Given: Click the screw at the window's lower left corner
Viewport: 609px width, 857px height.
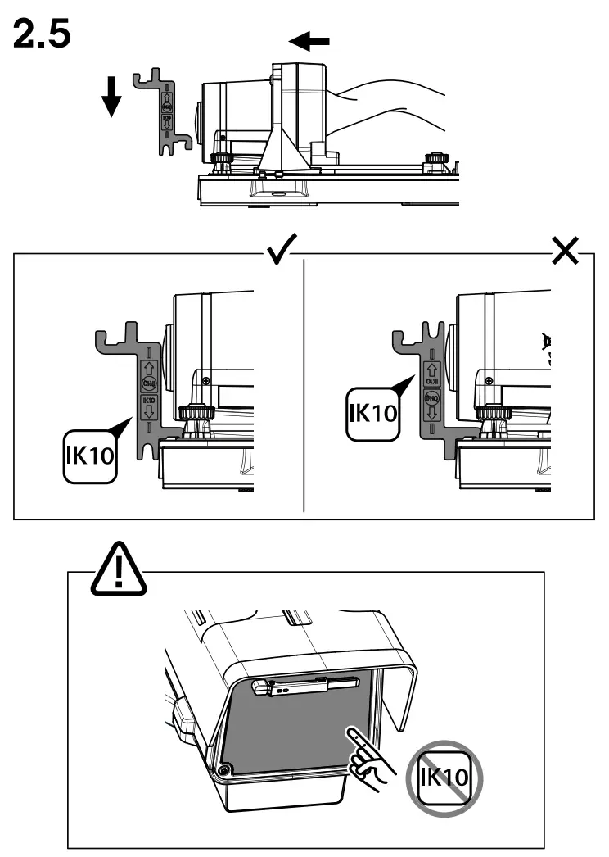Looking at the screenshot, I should (x=223, y=771).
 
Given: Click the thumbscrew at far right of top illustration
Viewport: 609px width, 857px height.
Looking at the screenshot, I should (x=435, y=157).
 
